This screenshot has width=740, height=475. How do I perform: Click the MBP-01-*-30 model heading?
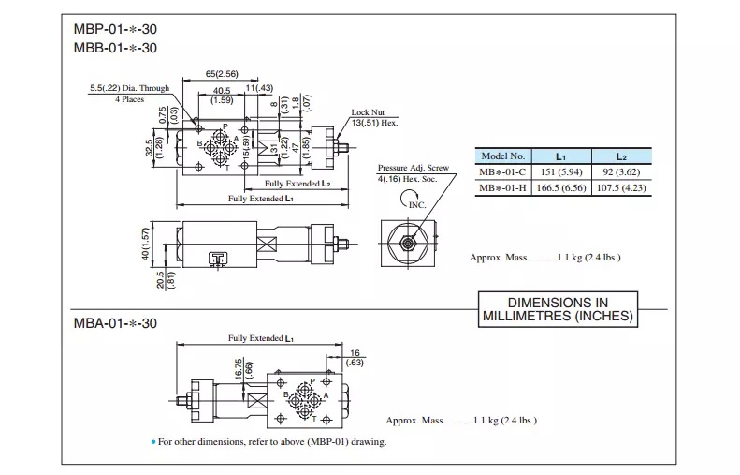point(115,29)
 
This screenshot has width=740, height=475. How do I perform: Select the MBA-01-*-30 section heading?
point(115,323)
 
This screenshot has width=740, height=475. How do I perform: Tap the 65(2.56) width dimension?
point(222,74)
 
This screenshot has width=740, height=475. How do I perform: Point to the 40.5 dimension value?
point(222,90)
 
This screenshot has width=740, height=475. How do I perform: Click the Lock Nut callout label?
point(368,112)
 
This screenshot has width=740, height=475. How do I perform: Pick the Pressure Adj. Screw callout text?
point(413,168)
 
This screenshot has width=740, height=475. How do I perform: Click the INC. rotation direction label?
point(417,205)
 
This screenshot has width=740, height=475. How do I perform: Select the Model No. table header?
point(502,156)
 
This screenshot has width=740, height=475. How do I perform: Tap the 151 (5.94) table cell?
point(561,172)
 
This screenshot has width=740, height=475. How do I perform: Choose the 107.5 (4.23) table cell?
point(621,187)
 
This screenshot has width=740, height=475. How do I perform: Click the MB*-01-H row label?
point(502,187)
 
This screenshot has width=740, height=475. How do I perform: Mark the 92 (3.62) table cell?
point(621,172)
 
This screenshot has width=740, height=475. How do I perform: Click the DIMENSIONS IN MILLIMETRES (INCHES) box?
point(558,309)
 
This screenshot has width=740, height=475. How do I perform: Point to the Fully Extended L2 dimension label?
point(297,184)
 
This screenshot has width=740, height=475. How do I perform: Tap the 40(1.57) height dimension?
point(145,244)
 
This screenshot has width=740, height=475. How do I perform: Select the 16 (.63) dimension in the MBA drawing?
point(355,358)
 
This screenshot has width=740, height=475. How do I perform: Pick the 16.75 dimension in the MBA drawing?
point(239,369)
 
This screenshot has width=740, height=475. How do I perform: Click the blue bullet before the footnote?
point(152,442)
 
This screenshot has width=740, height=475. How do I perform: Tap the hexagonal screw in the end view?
point(407,244)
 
